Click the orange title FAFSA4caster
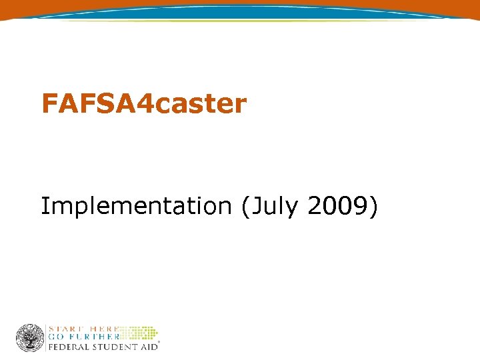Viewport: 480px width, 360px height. [x=144, y=104]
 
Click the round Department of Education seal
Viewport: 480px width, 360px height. [x=29, y=337]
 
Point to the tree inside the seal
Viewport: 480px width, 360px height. [x=29, y=337]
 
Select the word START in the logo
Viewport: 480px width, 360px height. [x=65, y=329]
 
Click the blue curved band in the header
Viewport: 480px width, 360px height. [x=240, y=11]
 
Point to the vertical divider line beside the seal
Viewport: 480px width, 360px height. [x=46, y=337]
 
